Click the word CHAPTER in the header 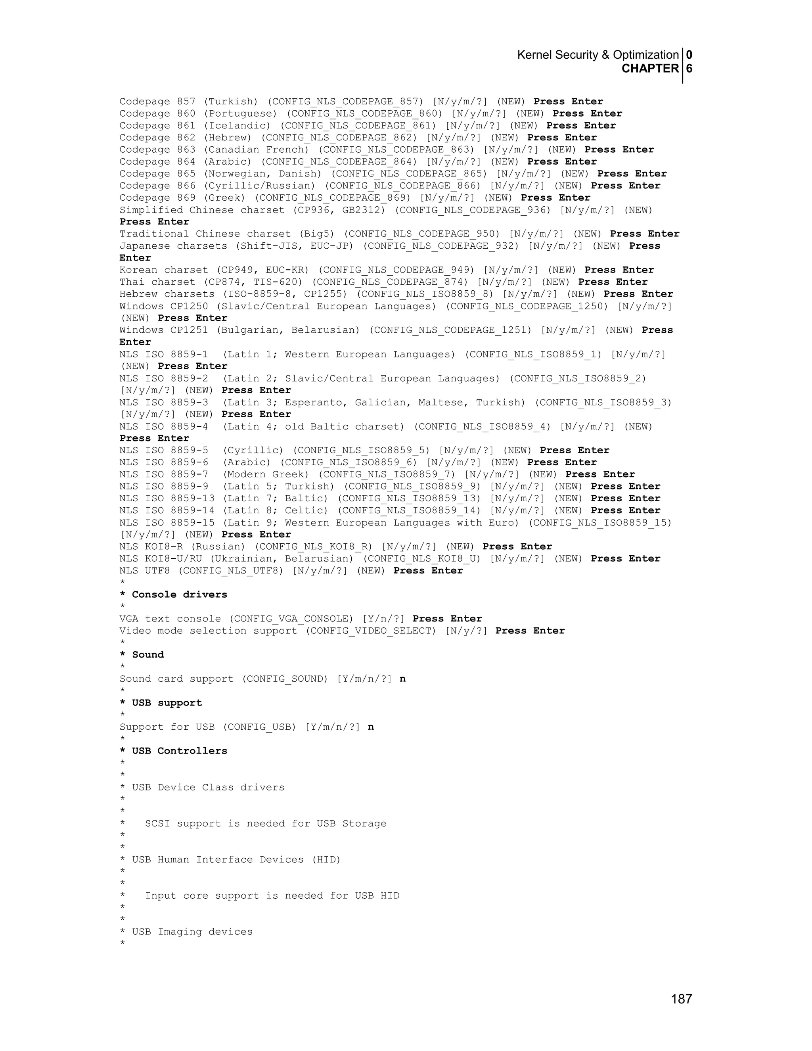click(x=650, y=69)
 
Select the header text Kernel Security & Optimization click(x=598, y=55)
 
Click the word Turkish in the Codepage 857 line click(x=231, y=102)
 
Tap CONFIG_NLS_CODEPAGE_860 click(x=364, y=113)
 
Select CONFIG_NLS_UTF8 click(x=231, y=571)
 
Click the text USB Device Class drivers click(x=208, y=787)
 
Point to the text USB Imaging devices click(x=192, y=932)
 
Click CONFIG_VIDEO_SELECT click(x=370, y=631)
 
